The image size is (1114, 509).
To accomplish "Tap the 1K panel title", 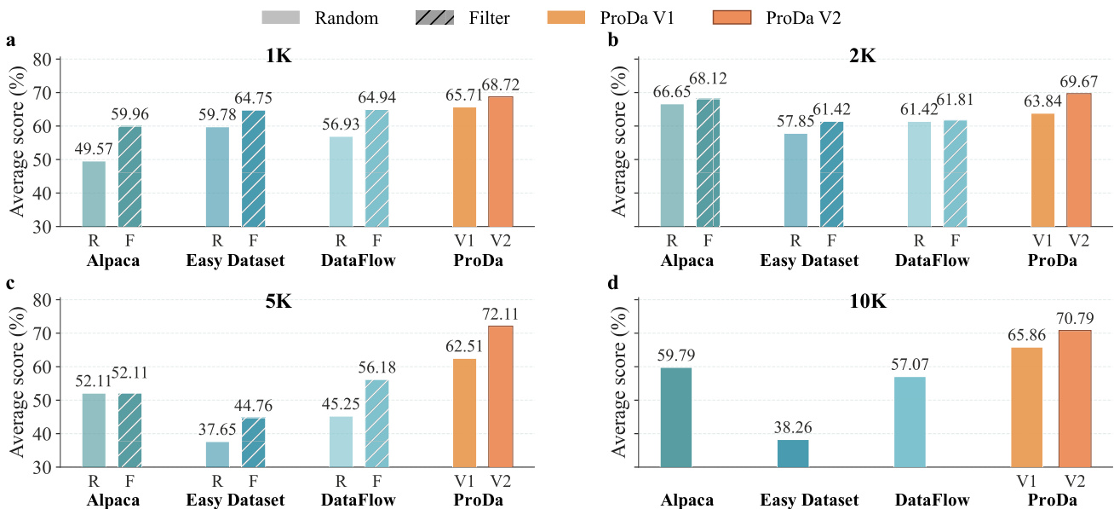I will (278, 56).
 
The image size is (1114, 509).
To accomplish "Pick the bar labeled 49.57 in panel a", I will (94, 194).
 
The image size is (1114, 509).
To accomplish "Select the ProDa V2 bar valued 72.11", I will (500, 396).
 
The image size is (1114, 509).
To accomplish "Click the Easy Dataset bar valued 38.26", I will (793, 454).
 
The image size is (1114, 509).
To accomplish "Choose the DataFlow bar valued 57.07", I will (910, 422).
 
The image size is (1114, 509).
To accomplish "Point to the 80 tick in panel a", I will (43, 60).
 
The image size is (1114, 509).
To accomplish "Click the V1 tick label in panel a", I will (464, 240).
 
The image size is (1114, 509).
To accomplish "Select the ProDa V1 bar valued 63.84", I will (1042, 170).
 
